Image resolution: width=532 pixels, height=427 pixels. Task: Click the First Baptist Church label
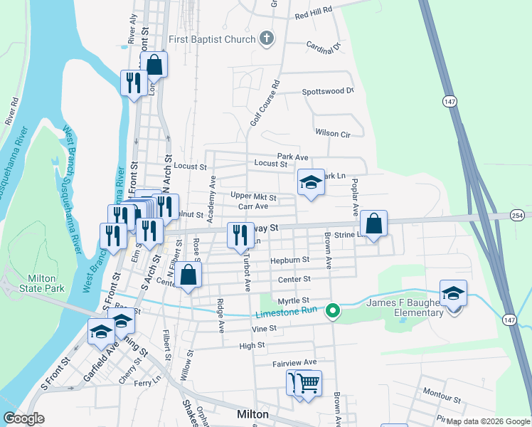coord(211,39)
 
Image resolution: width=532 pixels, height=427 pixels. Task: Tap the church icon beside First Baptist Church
coord(267,38)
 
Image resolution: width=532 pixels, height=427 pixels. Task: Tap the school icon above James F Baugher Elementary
coord(452,293)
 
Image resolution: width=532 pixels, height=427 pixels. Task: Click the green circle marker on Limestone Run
coord(332,310)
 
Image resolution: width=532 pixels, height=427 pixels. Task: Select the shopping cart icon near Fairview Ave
coord(307,384)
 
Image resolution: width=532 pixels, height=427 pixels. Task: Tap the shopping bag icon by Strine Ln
coord(373,223)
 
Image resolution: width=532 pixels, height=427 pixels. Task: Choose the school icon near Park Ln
coord(310,182)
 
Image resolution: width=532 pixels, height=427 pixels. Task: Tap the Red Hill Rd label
coord(314,13)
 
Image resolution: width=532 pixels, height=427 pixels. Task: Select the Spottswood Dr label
coord(328,91)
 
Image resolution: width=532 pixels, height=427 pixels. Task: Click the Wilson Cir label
coord(333,133)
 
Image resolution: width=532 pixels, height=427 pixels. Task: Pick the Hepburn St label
coord(289,260)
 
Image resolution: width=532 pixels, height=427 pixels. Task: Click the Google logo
coord(24,418)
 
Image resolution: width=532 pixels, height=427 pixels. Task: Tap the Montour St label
coord(442,392)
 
